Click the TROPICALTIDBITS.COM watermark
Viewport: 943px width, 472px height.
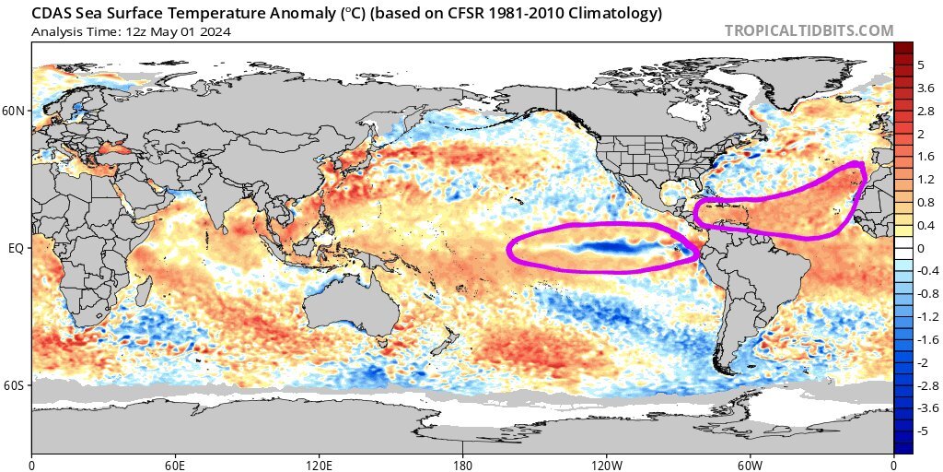point(809,30)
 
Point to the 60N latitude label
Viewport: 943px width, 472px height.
point(15,112)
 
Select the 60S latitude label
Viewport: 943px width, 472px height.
point(15,384)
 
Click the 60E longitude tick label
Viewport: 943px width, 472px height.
point(175,465)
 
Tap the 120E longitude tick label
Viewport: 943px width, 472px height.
point(319,465)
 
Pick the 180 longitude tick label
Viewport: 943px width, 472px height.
point(463,465)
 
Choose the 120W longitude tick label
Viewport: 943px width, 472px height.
point(606,465)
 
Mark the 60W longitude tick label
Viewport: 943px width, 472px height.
point(750,465)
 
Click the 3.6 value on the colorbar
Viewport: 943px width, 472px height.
point(926,88)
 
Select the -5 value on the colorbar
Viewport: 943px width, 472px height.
point(924,431)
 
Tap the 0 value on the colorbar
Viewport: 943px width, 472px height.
point(920,248)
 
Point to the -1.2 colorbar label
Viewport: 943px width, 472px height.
point(926,316)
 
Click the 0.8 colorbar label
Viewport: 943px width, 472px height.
point(926,202)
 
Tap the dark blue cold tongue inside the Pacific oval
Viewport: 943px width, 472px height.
point(608,247)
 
